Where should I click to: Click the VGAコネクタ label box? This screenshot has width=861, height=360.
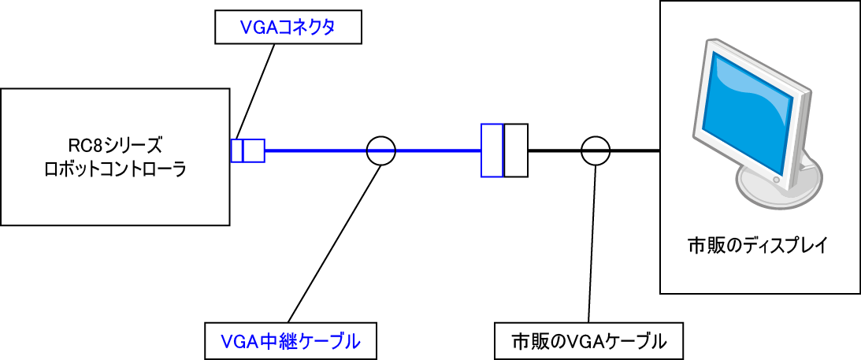click(x=288, y=29)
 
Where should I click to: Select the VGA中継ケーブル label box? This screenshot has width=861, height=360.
click(x=290, y=341)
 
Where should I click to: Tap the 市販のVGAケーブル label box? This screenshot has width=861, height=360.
click(x=588, y=341)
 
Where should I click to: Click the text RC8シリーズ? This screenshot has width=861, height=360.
click(x=115, y=146)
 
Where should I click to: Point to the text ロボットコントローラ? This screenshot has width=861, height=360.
click(x=115, y=169)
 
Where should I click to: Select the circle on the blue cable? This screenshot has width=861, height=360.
click(x=380, y=150)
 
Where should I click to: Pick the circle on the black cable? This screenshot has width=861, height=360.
click(x=595, y=150)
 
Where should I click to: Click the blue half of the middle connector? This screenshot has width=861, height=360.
click(x=492, y=150)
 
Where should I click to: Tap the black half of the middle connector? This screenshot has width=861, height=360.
click(x=515, y=150)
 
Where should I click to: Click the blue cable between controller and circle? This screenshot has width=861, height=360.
click(x=315, y=150)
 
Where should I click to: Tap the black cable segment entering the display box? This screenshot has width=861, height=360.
click(x=634, y=150)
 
